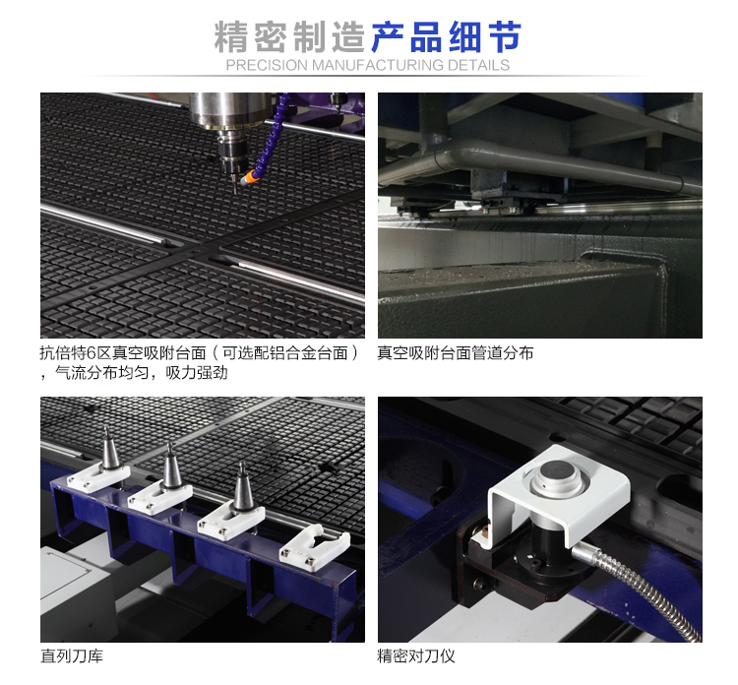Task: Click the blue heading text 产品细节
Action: (x=446, y=36)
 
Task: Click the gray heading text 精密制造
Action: (x=289, y=36)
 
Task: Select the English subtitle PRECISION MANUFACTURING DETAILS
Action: (x=368, y=65)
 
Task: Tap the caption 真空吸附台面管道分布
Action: (x=456, y=353)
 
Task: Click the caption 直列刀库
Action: (x=72, y=655)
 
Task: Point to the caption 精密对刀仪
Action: (x=416, y=655)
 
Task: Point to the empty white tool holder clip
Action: (x=315, y=546)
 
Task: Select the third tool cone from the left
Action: (x=243, y=487)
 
